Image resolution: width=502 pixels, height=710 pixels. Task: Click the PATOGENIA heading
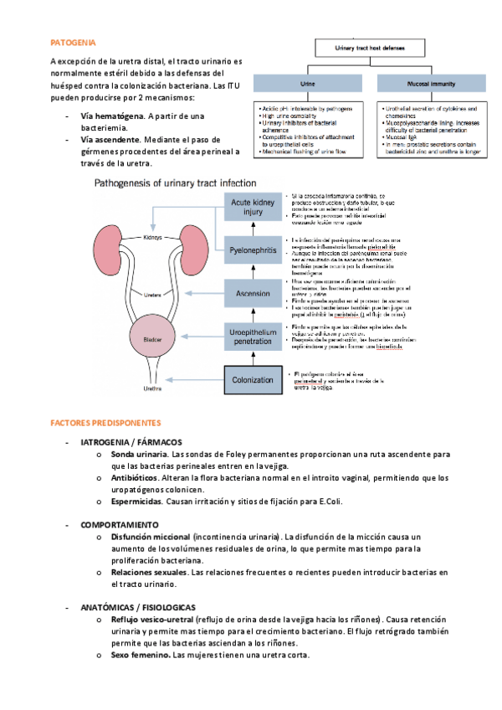tap(73, 41)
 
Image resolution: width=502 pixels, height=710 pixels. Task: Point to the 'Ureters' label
tap(152, 295)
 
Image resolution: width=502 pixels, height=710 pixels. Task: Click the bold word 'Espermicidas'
tap(136, 502)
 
